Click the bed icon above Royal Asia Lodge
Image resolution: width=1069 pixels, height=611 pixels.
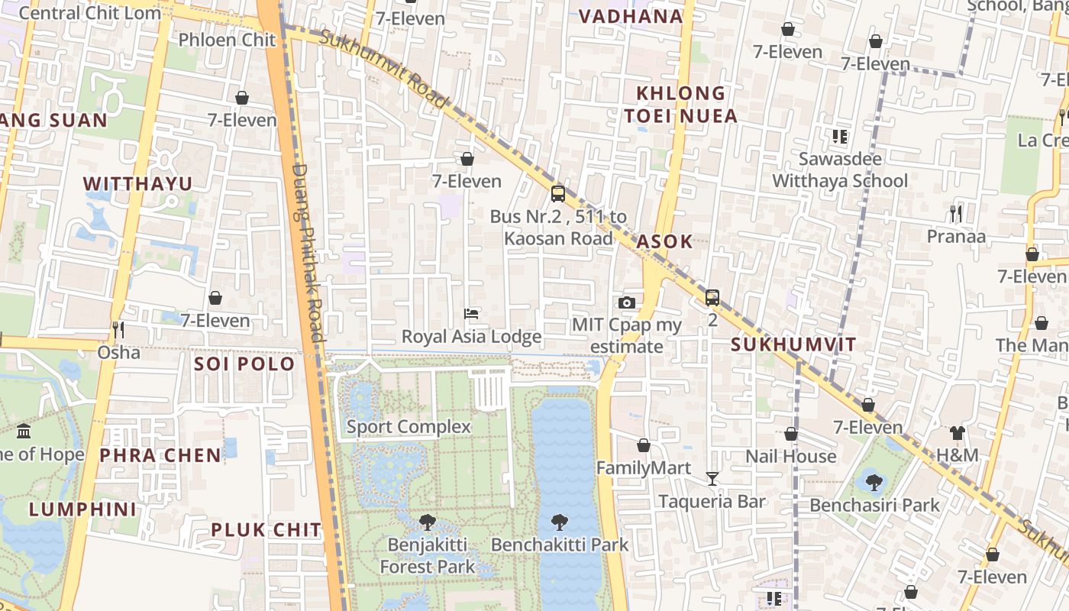click(471, 314)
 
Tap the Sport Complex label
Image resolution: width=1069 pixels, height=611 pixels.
click(409, 426)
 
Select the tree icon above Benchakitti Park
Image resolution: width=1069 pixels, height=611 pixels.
click(560, 522)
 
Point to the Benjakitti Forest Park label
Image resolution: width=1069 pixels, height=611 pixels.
click(427, 556)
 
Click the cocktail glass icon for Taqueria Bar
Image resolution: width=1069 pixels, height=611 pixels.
click(712, 479)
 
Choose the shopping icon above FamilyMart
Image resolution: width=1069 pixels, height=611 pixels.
click(644, 445)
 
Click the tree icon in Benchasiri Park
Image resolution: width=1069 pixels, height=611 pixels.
click(874, 482)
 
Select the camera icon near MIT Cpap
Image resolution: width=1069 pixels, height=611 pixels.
click(627, 302)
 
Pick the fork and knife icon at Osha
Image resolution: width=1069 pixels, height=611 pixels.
click(118, 330)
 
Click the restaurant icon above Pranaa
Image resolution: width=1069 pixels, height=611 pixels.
click(956, 213)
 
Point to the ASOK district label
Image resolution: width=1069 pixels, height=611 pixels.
click(664, 241)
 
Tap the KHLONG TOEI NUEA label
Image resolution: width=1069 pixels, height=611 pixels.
click(681, 105)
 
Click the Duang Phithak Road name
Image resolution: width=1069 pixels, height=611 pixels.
click(308, 252)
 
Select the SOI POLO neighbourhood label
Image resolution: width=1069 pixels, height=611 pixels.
click(244, 364)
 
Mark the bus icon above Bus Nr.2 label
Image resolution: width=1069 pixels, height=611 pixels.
click(558, 194)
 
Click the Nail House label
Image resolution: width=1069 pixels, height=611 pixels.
click(791, 456)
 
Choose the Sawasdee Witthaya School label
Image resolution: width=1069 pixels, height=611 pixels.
click(840, 170)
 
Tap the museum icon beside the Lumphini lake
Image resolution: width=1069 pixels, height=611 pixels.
click(24, 432)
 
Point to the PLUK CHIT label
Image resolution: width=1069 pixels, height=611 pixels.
click(266, 529)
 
